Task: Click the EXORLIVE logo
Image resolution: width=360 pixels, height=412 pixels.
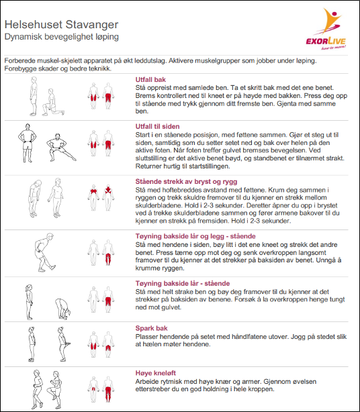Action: [326, 29]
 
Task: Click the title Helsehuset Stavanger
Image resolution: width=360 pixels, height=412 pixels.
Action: [61, 24]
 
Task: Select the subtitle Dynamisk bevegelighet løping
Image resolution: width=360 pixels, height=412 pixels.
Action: [62, 37]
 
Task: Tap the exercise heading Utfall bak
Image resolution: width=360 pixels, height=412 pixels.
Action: [150, 80]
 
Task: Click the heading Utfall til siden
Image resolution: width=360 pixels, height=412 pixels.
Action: [157, 126]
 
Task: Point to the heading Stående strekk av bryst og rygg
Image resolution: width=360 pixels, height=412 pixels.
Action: [186, 182]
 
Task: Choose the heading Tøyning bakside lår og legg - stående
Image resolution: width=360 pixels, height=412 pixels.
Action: [195, 236]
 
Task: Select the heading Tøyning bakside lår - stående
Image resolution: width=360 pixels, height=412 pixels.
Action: [183, 284]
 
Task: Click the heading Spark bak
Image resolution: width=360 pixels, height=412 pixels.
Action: [152, 328]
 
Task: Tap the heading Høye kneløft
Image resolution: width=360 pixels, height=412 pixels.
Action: [155, 373]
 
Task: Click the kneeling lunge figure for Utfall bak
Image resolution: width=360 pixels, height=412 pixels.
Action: [52, 103]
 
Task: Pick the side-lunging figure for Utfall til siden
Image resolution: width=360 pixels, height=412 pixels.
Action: [60, 148]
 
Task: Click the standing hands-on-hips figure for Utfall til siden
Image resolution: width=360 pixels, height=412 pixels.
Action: [28, 143]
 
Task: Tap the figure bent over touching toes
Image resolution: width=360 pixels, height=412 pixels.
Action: [62, 309]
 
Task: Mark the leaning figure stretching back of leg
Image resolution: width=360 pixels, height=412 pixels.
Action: [44, 252]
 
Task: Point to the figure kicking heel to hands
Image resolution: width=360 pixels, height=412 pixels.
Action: [63, 344]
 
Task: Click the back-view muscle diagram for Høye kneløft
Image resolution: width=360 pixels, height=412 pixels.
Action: [108, 390]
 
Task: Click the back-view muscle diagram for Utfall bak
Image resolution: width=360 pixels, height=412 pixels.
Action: [108, 96]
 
